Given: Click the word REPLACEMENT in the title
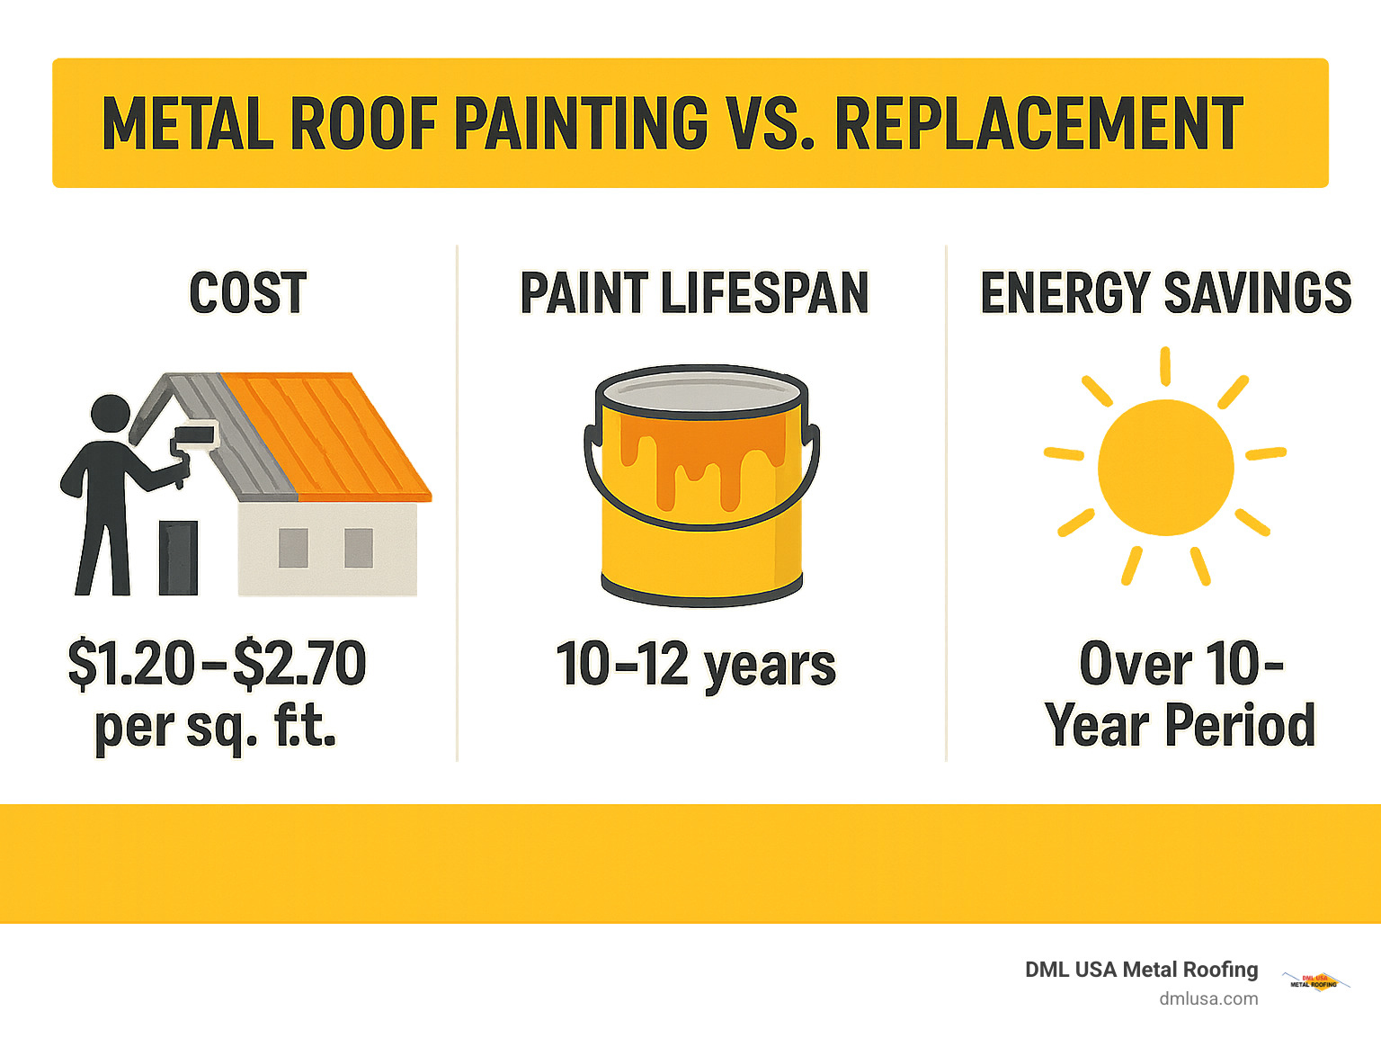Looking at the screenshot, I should click(1038, 124).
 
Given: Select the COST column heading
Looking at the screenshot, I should click(248, 293).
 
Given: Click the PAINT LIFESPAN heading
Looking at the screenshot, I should click(694, 293).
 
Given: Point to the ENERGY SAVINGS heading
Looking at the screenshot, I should click(1165, 293).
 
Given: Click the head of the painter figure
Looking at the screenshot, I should click(111, 415).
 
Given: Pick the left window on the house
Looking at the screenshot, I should click(293, 548).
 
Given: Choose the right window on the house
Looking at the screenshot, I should click(359, 548).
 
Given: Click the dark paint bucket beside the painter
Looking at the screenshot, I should click(178, 557).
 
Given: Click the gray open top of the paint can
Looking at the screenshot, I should click(701, 394).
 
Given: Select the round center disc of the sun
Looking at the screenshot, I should click(1165, 468).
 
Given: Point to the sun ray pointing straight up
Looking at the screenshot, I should click(1165, 365).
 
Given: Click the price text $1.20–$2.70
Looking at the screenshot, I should click(217, 664).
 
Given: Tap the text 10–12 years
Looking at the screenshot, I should click(696, 666).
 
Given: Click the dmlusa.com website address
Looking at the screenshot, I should click(1208, 998).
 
